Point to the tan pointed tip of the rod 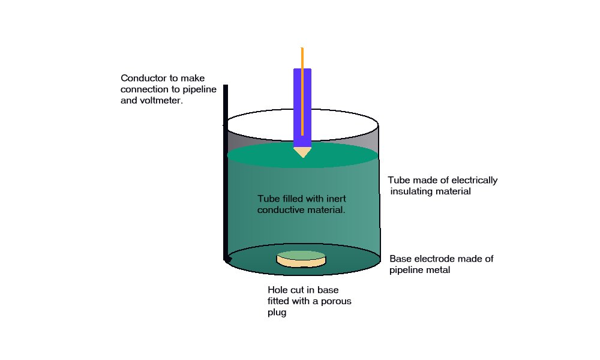click(x=302, y=151)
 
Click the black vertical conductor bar click(x=226, y=174)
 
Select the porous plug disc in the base click(x=301, y=259)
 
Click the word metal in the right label click(x=437, y=271)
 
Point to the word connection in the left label click(x=144, y=90)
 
